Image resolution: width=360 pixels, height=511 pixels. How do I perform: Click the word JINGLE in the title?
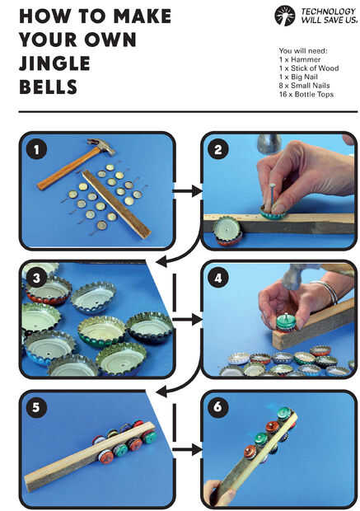coord(54,63)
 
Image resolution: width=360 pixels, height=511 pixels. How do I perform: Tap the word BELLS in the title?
coord(49,87)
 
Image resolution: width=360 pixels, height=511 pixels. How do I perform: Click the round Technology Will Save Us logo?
coord(285,16)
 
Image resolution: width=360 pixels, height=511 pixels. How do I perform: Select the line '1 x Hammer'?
coord(300,59)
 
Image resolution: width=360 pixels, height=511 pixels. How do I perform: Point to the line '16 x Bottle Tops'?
coord(306,95)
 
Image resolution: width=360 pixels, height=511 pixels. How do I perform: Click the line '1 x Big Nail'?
coord(298,77)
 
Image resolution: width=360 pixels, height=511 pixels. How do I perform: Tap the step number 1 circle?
coord(36,149)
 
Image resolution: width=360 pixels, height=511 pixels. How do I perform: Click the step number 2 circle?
coord(218,149)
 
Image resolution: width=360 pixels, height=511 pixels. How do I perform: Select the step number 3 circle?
coord(36,278)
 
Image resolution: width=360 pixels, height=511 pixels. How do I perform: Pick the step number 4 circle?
coord(218,278)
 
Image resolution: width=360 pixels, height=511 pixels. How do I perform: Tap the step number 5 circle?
coord(36,407)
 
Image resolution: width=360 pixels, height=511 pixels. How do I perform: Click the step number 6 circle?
coord(218,407)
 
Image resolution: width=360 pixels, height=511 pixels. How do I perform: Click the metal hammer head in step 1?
coord(101,146)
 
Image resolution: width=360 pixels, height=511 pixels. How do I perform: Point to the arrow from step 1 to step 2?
coord(187,191)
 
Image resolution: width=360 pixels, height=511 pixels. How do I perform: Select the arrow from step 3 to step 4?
coord(187,320)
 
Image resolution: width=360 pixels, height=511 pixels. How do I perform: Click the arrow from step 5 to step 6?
coord(187,450)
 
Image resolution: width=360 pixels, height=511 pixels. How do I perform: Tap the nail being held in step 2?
coord(270,197)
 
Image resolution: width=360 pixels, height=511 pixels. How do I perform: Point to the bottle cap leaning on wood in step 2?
coord(227,231)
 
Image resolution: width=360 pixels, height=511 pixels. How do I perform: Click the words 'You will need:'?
coord(303,51)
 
